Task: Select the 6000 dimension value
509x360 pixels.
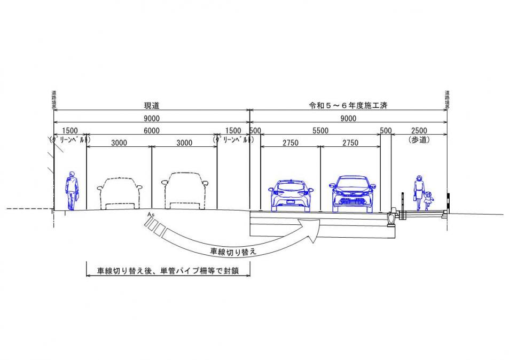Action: (x=152, y=131)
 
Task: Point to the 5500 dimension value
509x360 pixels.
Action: (x=320, y=131)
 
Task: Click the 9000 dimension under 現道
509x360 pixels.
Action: (x=152, y=119)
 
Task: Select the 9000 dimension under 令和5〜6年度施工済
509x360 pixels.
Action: (x=348, y=119)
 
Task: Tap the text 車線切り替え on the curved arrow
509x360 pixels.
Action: (x=233, y=249)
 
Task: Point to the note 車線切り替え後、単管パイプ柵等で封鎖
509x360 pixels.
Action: (x=167, y=271)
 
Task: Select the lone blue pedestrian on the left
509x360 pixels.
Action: (x=71, y=191)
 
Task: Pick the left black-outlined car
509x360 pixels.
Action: (x=120, y=192)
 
